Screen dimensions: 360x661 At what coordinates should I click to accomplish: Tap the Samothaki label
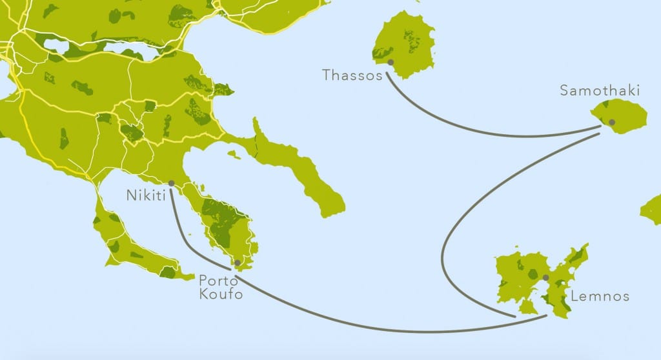pos(599,91)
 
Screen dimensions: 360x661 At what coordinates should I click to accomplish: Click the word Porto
pos(216,281)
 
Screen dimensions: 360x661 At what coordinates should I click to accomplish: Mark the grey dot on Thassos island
pos(391,62)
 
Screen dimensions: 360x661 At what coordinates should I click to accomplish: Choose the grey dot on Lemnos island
pos(545,277)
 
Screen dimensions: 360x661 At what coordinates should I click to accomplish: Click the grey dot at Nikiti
pos(171,183)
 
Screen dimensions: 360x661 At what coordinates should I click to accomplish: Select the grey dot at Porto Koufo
pos(238,263)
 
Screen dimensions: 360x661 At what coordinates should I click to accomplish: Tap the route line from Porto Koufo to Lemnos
pos(387,329)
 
